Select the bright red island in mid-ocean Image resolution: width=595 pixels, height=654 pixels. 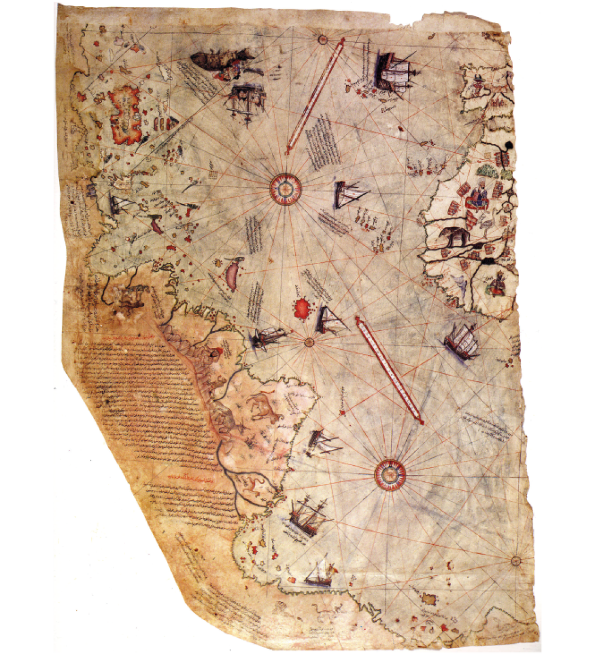303,307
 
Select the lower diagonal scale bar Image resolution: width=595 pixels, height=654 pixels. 390,370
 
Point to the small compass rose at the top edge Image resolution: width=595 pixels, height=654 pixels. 323,39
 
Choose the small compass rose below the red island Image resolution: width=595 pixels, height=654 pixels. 309,342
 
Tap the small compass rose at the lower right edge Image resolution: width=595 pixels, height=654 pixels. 516,560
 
